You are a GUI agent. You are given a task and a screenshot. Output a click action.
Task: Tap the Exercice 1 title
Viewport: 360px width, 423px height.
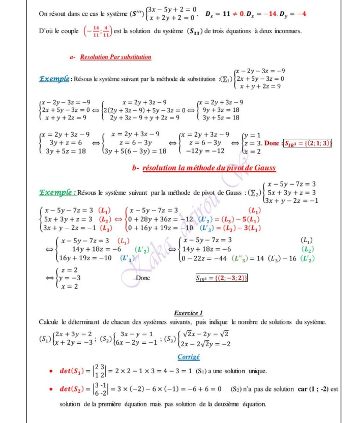tap(188, 313)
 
